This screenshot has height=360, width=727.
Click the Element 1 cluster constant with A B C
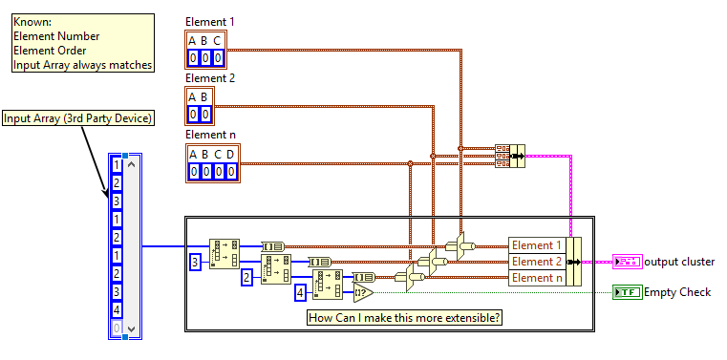tap(204, 49)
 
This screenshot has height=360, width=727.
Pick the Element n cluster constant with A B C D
tap(211, 163)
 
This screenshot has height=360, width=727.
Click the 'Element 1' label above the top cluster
tap(209, 21)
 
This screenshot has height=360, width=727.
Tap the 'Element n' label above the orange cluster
tap(209, 135)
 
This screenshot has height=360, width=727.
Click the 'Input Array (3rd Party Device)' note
tap(78, 118)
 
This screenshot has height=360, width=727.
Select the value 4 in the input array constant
tap(117, 310)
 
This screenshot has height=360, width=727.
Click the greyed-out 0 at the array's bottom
tap(117, 328)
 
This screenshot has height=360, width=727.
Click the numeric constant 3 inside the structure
tap(195, 261)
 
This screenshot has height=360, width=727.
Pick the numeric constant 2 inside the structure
tap(246, 277)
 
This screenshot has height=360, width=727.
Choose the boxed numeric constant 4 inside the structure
tap(300, 293)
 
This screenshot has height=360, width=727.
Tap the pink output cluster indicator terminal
tap(627, 262)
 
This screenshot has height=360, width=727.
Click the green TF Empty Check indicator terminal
tap(627, 292)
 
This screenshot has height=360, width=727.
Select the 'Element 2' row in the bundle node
tap(536, 262)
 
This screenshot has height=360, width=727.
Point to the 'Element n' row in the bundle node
tap(536, 278)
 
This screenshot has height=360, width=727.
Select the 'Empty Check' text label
tap(677, 292)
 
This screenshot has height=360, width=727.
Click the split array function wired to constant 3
tap(225, 253)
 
